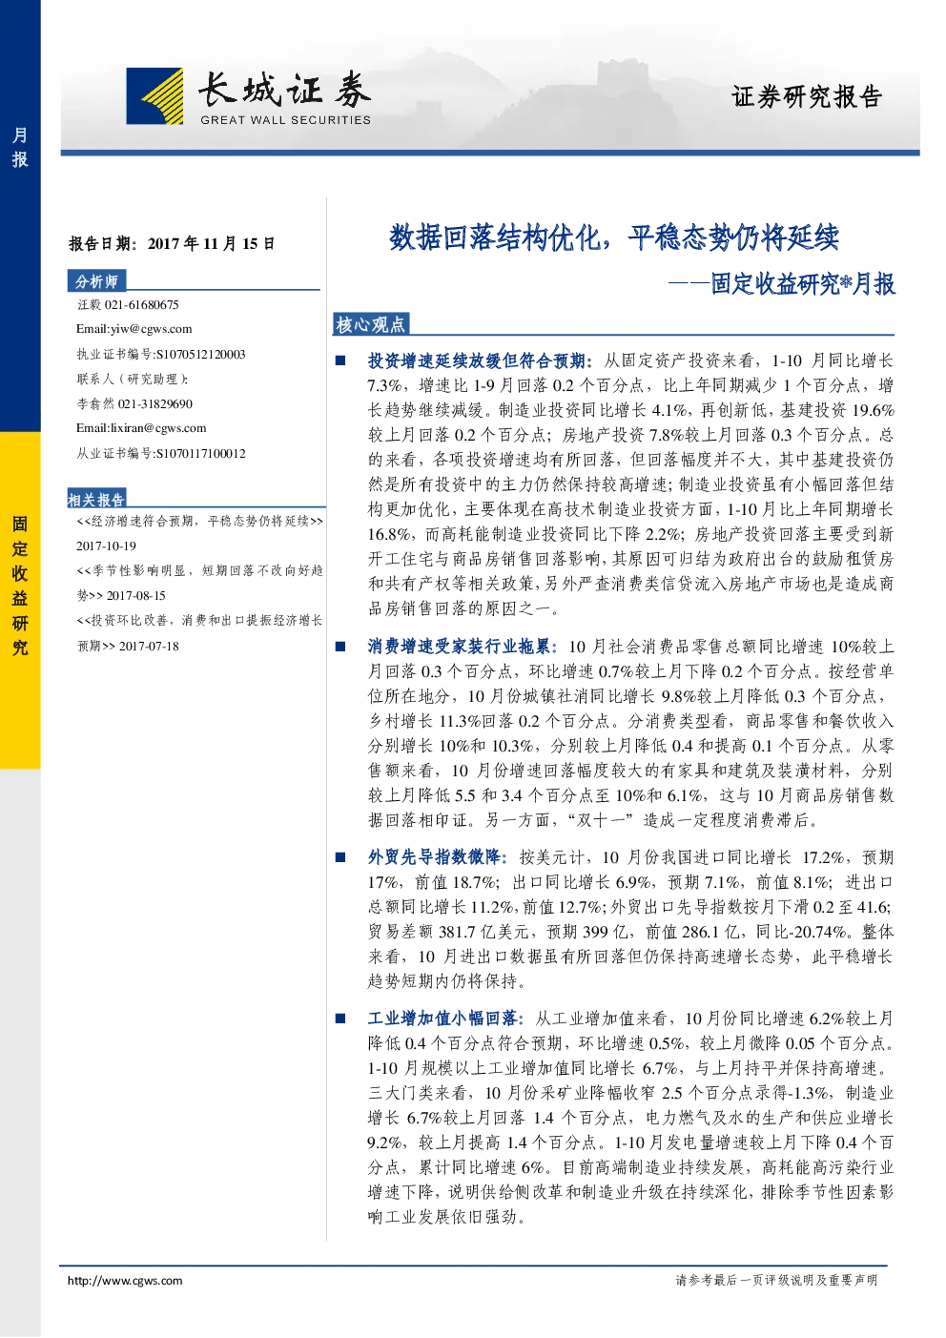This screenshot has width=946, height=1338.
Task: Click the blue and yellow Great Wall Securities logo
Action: [x=154, y=96]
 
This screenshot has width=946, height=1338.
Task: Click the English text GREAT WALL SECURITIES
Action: [x=285, y=120]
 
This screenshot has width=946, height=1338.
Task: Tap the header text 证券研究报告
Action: [x=807, y=96]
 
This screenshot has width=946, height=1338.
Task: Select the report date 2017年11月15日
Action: [x=212, y=244]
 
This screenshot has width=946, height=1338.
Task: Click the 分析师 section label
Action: [x=96, y=281]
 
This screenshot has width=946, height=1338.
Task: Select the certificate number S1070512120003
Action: [x=200, y=354]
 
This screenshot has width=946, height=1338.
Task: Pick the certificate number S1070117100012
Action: [x=200, y=453]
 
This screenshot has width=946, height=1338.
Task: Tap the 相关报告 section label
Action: [x=96, y=500]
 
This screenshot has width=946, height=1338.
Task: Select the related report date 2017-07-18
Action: [x=149, y=646]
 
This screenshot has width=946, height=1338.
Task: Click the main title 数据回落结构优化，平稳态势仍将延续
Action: [x=614, y=237]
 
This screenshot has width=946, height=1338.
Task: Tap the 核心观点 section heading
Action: [x=370, y=325]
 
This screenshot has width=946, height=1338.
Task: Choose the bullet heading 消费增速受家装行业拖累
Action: [x=460, y=647]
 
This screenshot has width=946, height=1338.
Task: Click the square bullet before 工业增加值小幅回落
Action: [x=340, y=1018]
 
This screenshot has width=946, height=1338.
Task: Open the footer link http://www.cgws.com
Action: [x=125, y=1280]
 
